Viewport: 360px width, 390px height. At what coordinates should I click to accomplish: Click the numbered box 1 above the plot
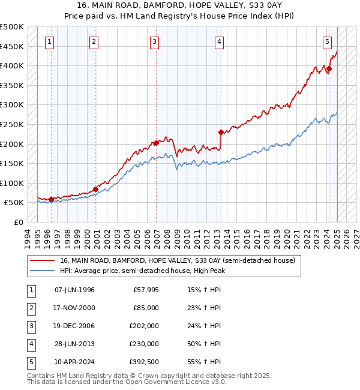pyautogui.click(x=49, y=41)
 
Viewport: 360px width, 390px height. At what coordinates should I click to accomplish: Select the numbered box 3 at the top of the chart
pyautogui.click(x=155, y=41)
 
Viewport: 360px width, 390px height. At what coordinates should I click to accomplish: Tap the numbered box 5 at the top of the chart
pyautogui.click(x=327, y=41)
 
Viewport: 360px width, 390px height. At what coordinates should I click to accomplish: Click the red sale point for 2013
pyautogui.click(x=221, y=132)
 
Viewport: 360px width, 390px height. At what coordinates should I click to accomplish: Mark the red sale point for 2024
pyautogui.click(x=329, y=69)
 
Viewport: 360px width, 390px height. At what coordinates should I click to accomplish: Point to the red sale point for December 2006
pyautogui.click(x=156, y=143)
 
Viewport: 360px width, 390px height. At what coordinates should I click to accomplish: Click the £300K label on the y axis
pyautogui.click(x=12, y=105)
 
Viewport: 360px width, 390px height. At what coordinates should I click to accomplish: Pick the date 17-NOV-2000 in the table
pyautogui.click(x=74, y=308)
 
